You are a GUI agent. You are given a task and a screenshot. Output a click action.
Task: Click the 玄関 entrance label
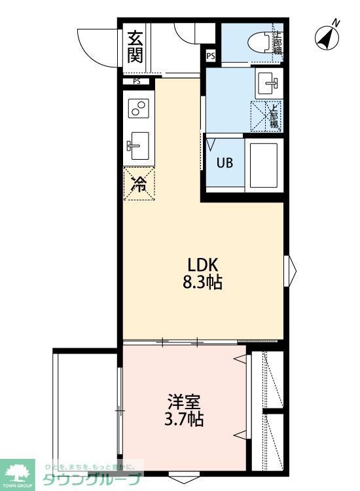point(135,46)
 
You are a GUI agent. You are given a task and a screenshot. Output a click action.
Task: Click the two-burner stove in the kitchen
point(138,109)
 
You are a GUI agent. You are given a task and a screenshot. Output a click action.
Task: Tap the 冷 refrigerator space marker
point(139,184)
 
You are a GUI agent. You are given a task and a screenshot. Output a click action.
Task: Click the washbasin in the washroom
point(269,83)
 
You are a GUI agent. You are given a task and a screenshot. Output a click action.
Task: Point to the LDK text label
point(203,265)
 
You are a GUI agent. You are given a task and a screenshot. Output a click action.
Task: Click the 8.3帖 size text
point(204,283)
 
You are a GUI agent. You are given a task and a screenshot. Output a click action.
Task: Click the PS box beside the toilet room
point(210,56)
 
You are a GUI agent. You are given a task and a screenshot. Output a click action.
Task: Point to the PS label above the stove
point(136,82)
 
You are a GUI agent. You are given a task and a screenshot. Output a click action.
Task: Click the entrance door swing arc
point(95,46)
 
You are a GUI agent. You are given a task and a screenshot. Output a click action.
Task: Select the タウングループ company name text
point(92,479)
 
